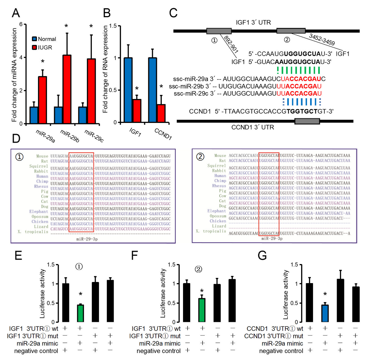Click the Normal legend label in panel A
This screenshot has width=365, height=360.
(46, 39)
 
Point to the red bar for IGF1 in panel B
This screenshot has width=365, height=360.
(137, 111)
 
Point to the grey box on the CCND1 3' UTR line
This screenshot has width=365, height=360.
(307, 121)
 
